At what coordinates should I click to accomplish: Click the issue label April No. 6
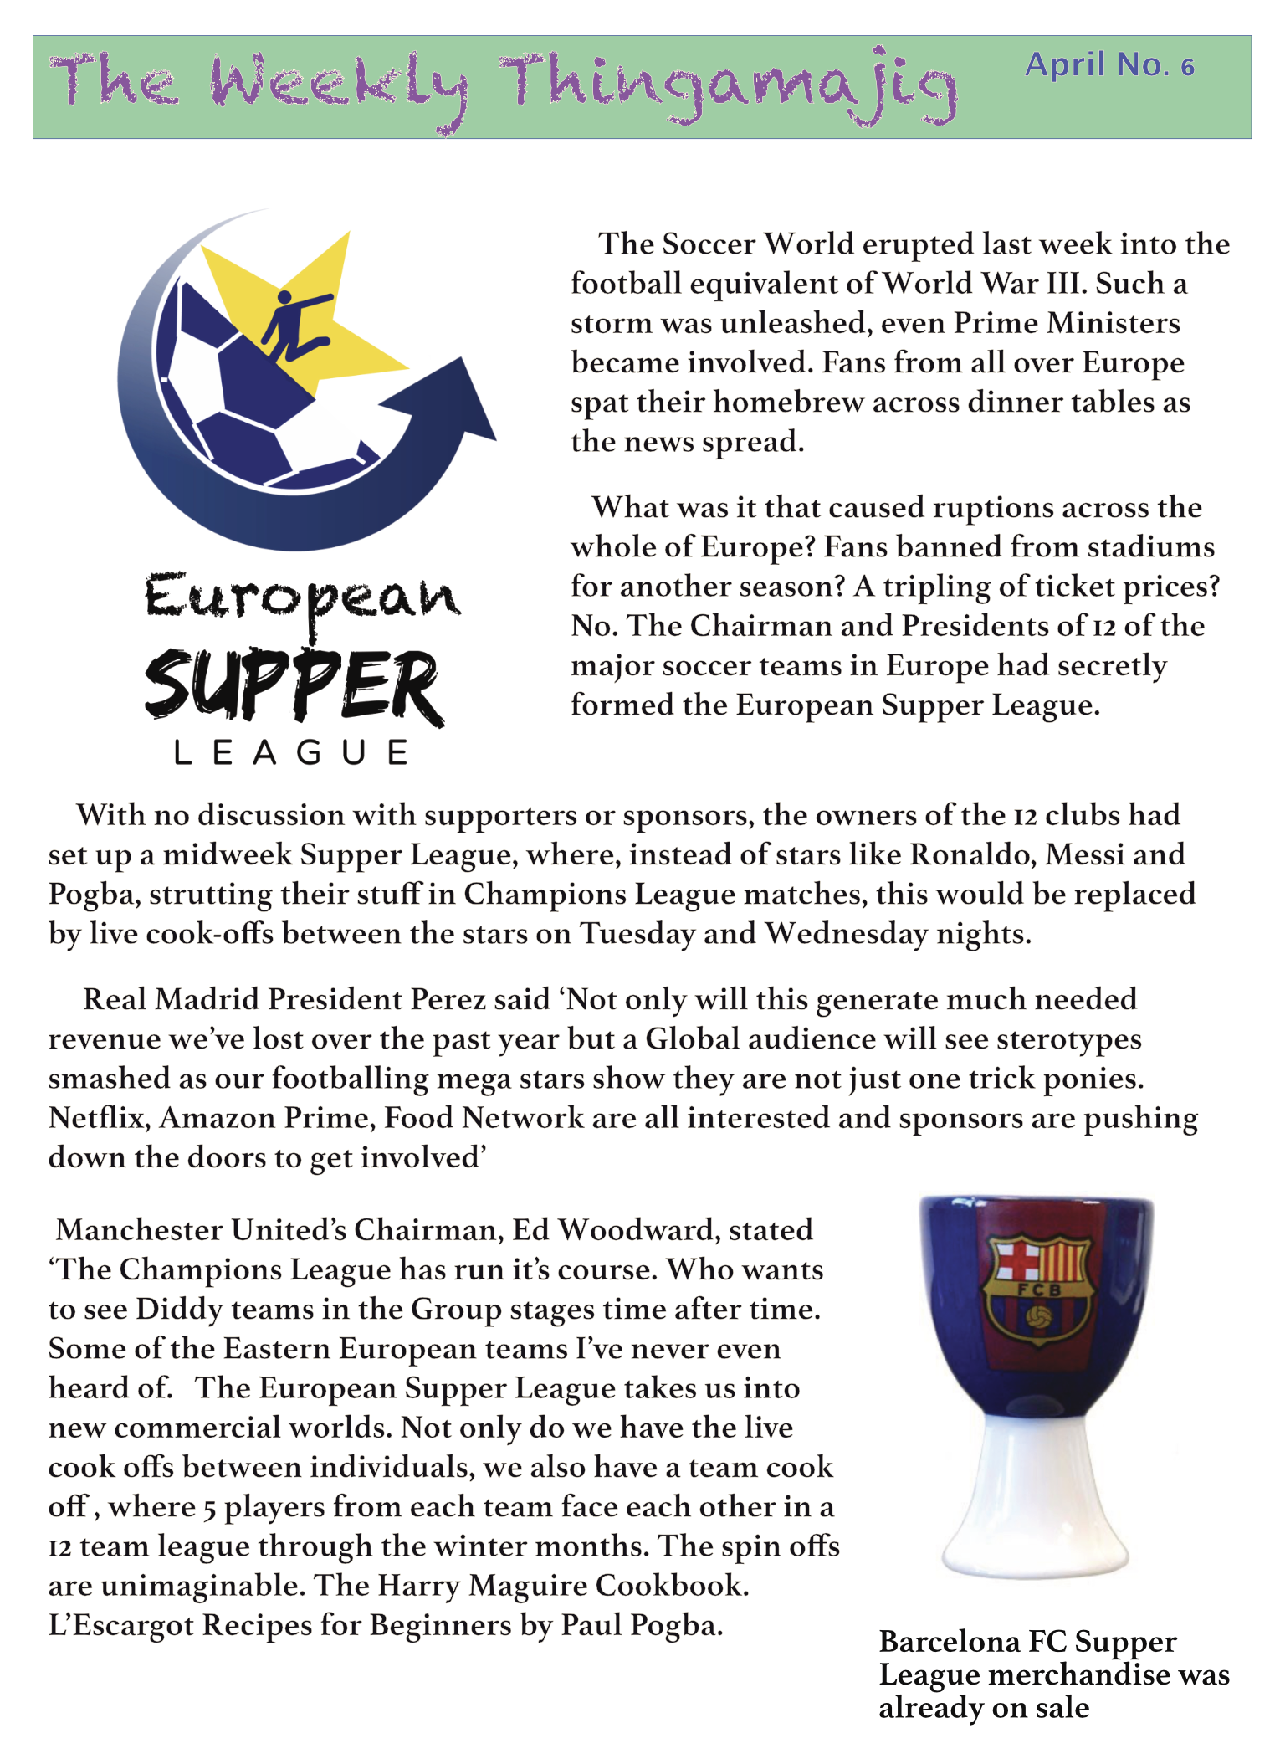(1109, 65)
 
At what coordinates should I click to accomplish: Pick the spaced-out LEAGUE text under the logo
(291, 752)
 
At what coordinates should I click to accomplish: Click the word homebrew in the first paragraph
(788, 403)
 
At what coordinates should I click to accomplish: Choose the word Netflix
(99, 1118)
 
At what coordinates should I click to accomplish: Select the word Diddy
(178, 1309)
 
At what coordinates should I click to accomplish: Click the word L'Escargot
(121, 1625)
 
